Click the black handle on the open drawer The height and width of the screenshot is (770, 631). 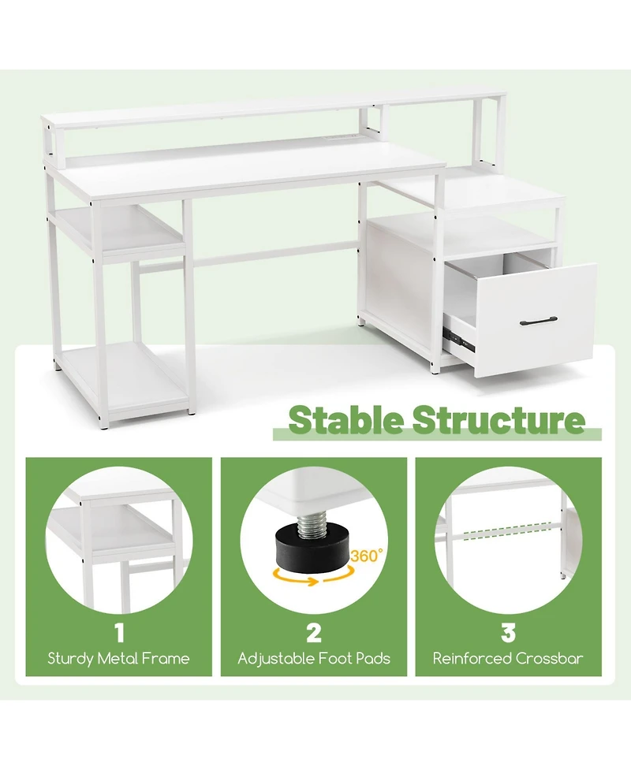pyautogui.click(x=540, y=320)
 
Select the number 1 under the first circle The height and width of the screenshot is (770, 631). pyautogui.click(x=119, y=632)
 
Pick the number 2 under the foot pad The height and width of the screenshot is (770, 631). pyautogui.click(x=314, y=632)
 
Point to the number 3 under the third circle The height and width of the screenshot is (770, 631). pyautogui.click(x=508, y=632)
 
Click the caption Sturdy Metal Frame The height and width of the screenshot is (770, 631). pyautogui.click(x=119, y=659)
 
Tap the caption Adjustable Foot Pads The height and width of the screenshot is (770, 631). pyautogui.click(x=314, y=659)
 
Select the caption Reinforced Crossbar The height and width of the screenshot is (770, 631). pyautogui.click(x=508, y=659)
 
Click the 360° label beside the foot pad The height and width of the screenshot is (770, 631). pyautogui.click(x=365, y=556)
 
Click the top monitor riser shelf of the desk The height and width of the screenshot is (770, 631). pyautogui.click(x=260, y=110)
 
